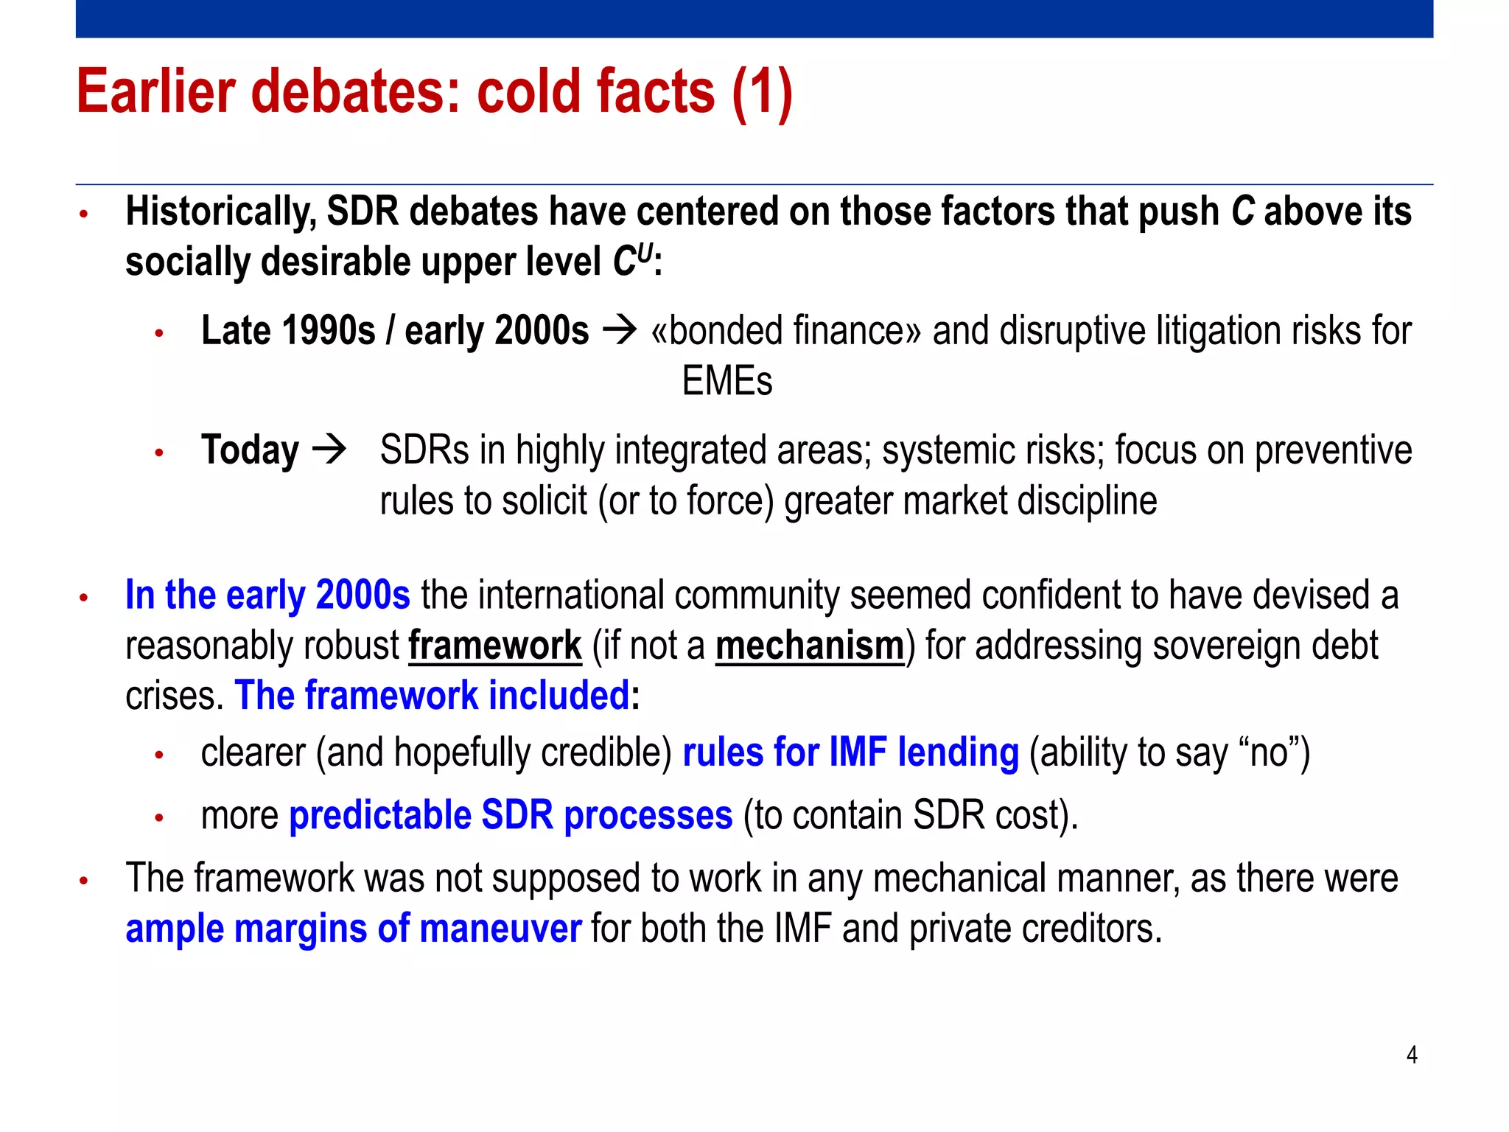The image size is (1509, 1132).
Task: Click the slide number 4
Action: click(1411, 1055)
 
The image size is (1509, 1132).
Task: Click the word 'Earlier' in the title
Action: click(155, 91)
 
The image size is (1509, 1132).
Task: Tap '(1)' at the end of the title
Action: click(762, 93)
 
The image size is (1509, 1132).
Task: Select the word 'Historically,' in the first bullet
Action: click(220, 212)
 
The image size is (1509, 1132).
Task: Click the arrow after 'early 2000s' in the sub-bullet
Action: click(619, 330)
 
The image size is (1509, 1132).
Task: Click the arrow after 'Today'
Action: click(329, 450)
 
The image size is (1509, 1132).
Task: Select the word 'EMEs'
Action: click(727, 381)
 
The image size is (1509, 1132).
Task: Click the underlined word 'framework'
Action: click(494, 646)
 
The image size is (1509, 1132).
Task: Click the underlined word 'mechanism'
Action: click(809, 646)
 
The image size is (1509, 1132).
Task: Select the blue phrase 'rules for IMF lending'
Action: click(850, 752)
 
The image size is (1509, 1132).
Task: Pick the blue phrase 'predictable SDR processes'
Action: click(511, 815)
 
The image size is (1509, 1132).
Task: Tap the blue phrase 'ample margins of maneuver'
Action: click(353, 928)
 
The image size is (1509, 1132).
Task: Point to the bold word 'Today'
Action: click(250, 450)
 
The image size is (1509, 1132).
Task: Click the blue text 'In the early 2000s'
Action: click(267, 595)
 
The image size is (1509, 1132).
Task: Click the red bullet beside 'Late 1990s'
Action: click(158, 334)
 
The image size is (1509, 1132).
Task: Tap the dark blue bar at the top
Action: click(754, 18)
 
